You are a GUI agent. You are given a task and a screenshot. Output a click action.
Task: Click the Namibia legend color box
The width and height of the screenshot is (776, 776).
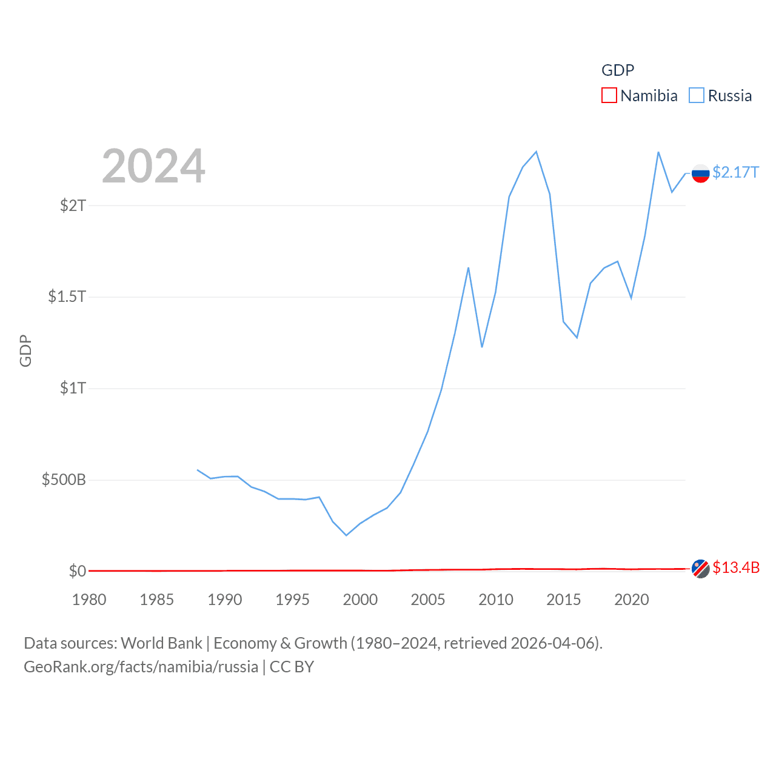(609, 96)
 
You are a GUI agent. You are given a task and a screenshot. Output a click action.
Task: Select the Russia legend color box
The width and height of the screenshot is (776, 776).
(697, 96)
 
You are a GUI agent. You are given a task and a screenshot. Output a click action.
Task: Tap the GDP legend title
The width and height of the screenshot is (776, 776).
(618, 70)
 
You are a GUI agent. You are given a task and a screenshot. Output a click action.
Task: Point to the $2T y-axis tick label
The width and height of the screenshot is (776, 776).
(73, 206)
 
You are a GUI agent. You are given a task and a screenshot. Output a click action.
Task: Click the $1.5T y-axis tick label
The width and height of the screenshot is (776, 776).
(67, 296)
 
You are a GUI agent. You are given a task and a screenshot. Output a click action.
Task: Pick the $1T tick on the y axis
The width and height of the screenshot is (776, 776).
(73, 388)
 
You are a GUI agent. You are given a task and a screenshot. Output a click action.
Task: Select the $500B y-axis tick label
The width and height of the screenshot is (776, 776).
(64, 480)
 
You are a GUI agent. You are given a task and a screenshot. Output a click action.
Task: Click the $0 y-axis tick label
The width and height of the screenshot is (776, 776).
(77, 571)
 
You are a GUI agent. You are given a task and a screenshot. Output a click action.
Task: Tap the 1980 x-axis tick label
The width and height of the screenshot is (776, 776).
(89, 600)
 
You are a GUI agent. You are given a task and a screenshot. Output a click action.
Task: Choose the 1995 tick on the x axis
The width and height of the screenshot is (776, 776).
(292, 600)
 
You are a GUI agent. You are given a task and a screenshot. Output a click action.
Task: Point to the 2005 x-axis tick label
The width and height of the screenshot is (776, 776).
(428, 600)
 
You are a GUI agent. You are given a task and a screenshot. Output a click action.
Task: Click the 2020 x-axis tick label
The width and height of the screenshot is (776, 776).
(632, 600)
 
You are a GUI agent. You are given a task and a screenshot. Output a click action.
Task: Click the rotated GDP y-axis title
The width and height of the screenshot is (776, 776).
(25, 350)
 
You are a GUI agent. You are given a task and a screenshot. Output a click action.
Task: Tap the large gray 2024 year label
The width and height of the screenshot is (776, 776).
(153, 166)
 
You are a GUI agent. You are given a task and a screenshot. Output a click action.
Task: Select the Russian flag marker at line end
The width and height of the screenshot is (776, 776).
(701, 173)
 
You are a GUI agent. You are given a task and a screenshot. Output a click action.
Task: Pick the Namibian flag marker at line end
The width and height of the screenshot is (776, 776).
(701, 569)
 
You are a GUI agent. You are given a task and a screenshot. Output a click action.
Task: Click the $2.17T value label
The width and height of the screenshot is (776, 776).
(735, 173)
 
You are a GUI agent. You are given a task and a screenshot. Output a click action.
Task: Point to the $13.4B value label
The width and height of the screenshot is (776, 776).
(736, 568)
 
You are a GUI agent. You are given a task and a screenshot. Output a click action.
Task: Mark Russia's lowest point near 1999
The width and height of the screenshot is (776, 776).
(346, 535)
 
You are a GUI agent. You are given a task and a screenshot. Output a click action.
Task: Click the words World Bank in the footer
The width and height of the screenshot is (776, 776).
(162, 643)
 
